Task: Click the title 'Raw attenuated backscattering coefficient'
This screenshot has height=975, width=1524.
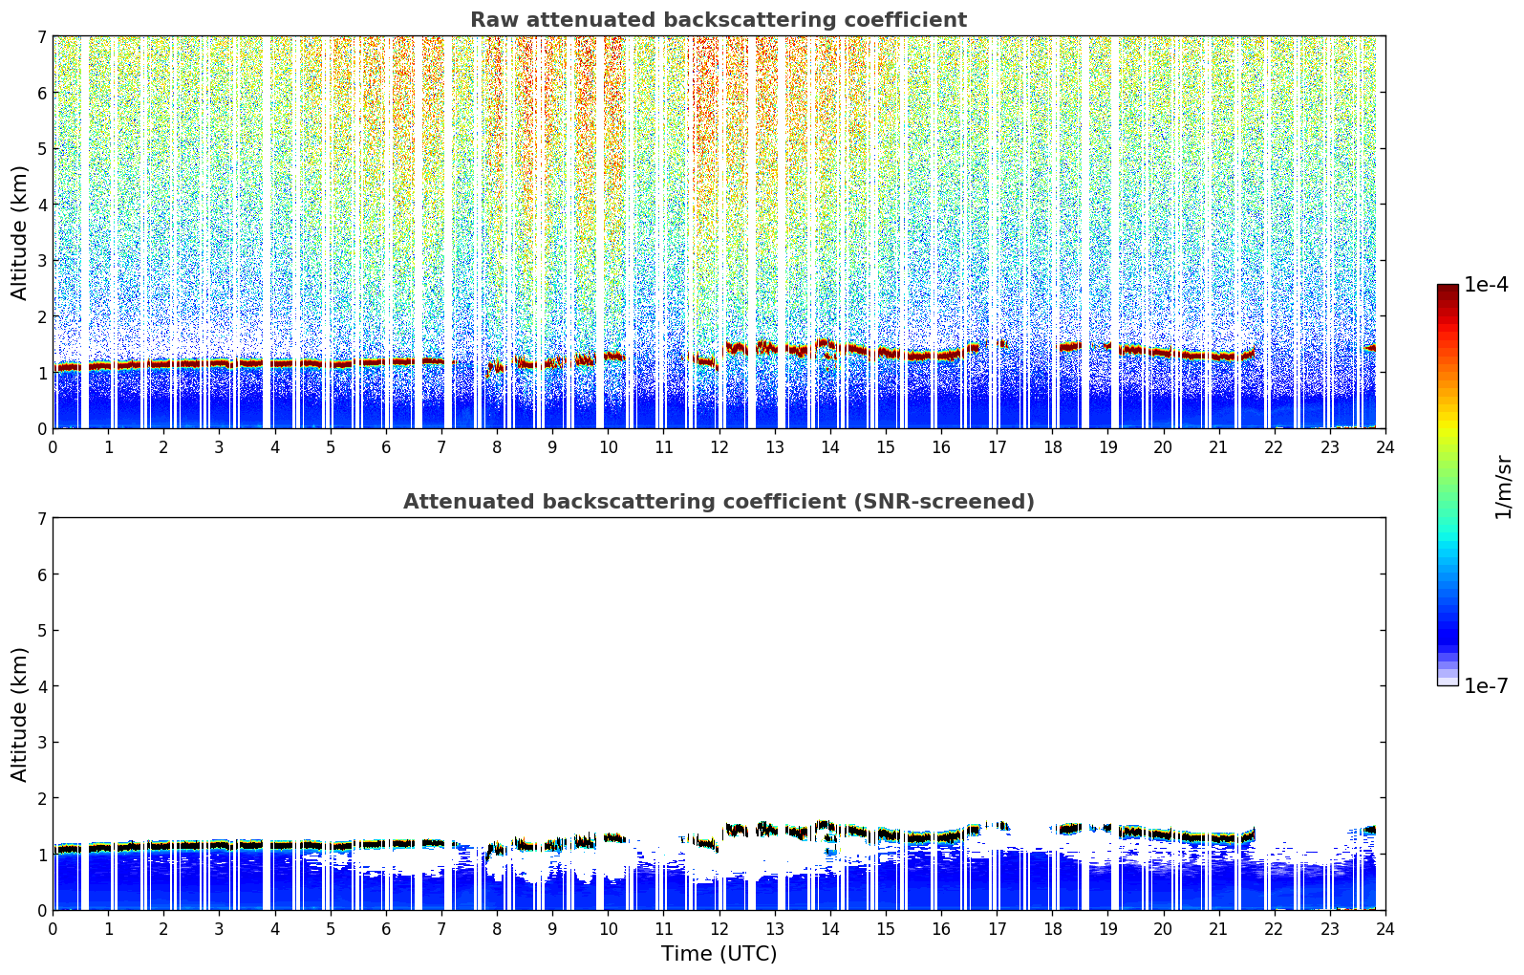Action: tap(718, 20)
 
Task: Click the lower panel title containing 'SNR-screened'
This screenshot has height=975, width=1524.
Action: tap(718, 502)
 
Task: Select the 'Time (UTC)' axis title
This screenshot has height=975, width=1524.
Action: tap(719, 953)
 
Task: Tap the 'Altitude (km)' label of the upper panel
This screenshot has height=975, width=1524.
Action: tap(20, 232)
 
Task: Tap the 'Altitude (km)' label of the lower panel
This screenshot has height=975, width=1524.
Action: tap(20, 714)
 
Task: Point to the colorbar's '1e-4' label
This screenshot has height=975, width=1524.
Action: tap(1486, 285)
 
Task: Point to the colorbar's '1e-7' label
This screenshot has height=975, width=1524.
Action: tap(1486, 686)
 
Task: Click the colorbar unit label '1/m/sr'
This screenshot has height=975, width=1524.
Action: tap(1503, 487)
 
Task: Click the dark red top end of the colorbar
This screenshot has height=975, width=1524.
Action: tap(1448, 289)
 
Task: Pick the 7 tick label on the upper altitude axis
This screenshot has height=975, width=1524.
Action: tap(42, 37)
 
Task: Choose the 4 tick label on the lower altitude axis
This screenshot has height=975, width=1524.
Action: tap(42, 686)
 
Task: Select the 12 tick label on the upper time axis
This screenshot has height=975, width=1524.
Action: tap(719, 446)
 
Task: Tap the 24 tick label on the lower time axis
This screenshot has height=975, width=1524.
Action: tap(1384, 928)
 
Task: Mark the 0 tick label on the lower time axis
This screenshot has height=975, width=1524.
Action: tap(54, 928)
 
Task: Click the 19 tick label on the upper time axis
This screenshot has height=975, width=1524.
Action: tap(1107, 446)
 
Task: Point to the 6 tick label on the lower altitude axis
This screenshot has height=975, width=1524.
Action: tap(42, 574)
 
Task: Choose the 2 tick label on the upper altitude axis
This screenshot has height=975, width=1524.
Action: tap(42, 316)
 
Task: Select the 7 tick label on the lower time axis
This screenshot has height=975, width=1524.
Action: tap(441, 928)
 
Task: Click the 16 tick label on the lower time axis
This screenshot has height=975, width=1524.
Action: tap(941, 928)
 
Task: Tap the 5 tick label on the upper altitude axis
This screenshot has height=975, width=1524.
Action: tap(42, 149)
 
